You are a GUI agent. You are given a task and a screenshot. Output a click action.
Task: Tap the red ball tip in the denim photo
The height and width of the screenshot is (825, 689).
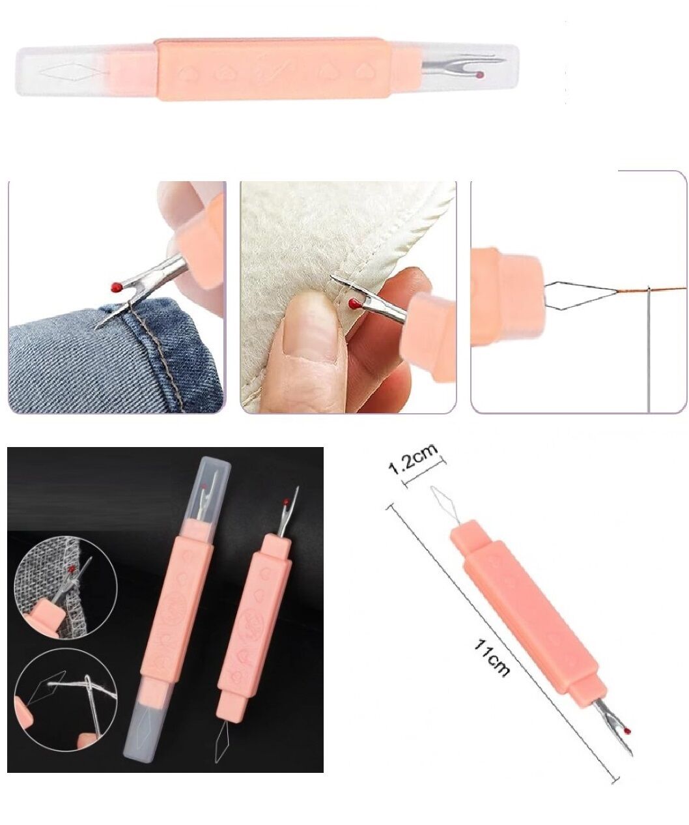(x=115, y=286)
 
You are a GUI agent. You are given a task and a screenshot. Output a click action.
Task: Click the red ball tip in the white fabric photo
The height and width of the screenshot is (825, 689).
(x=353, y=303)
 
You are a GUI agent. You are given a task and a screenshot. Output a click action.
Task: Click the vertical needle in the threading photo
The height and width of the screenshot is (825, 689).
(x=649, y=352)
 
